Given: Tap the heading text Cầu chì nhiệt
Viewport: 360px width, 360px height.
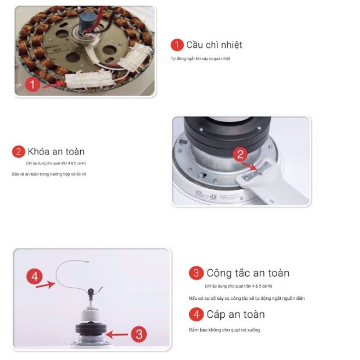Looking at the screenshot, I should [x=214, y=45].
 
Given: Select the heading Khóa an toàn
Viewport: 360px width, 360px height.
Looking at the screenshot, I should [x=56, y=151].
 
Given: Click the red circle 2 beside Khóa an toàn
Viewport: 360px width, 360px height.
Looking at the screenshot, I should [x=18, y=152].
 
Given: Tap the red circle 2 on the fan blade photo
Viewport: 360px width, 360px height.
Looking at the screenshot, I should [x=240, y=154].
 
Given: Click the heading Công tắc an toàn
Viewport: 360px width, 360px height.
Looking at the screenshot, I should [x=248, y=273].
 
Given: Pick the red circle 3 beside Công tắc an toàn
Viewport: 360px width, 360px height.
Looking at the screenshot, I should [x=196, y=273].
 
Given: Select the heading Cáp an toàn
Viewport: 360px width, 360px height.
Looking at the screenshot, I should [x=236, y=314].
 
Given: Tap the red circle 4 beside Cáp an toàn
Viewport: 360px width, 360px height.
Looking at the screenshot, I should [x=196, y=314].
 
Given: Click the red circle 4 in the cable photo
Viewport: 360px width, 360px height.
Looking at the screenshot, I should [x=34, y=277].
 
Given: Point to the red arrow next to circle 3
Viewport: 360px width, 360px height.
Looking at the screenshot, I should [x=117, y=334].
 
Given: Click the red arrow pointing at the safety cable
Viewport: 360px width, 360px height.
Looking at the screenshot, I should [x=45, y=286].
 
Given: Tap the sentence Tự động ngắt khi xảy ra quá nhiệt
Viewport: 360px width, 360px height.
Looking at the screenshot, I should [x=200, y=59].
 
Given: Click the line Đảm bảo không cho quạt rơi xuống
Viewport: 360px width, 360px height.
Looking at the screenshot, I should [x=224, y=330].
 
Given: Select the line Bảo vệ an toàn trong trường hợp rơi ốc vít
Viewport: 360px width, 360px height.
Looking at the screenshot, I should [x=49, y=174].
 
